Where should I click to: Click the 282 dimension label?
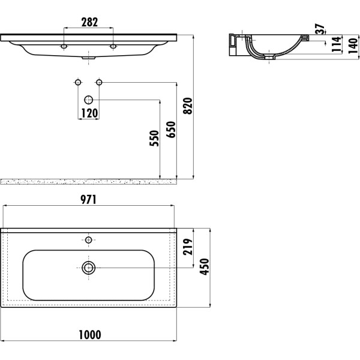[89, 22]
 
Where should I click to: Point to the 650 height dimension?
[172, 130]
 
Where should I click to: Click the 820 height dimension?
[189, 106]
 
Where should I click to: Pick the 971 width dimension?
[89, 200]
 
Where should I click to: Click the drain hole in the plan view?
[89, 268]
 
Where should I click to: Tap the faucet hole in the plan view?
[89, 241]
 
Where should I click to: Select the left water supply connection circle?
[77, 82]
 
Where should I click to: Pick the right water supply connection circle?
[100, 82]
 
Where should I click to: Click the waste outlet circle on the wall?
[89, 100]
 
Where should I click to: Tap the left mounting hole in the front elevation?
[64, 46]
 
